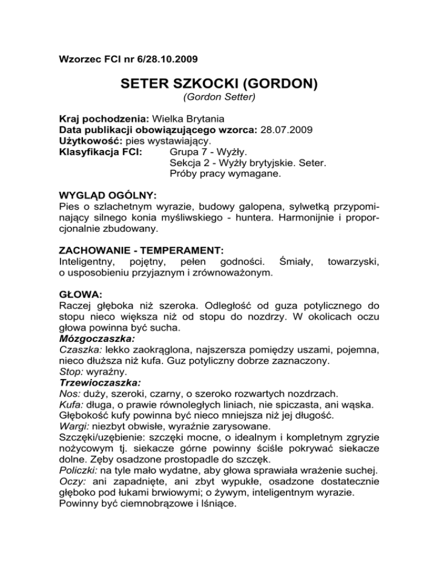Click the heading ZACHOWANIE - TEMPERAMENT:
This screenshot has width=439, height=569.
141,250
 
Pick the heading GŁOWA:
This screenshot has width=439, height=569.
80,294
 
